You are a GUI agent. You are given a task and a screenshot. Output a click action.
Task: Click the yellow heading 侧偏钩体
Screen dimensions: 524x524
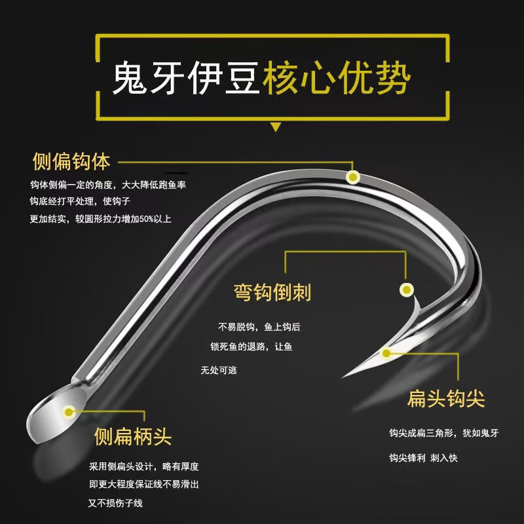pyautogui.click(x=71, y=161)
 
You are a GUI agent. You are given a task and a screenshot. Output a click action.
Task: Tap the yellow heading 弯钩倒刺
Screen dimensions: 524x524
pyautogui.click(x=272, y=292)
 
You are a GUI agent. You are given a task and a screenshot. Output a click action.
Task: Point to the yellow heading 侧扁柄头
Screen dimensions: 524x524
pyautogui.click(x=133, y=436)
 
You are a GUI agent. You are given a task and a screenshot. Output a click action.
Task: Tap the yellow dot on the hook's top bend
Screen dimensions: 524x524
pyautogui.click(x=352, y=177)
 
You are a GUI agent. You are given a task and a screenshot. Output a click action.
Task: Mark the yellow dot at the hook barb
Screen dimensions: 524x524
pyautogui.click(x=406, y=289)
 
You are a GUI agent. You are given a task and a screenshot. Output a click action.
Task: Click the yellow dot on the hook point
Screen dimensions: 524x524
pyautogui.click(x=386, y=354)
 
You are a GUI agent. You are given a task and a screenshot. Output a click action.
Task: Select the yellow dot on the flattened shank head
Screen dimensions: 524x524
pyautogui.click(x=68, y=412)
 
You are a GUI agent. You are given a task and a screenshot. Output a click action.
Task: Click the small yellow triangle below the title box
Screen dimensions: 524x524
pyautogui.click(x=276, y=126)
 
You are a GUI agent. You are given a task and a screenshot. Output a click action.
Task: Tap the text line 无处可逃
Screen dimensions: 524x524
pyautogui.click(x=218, y=371)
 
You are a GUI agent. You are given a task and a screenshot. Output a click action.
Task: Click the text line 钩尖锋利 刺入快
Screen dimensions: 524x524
pyautogui.click(x=423, y=458)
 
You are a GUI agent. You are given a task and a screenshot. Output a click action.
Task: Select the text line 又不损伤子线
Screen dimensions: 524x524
pyautogui.click(x=115, y=503)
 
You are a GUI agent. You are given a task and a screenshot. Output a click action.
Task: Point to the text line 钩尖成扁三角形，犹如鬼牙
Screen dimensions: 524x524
pyautogui.click(x=443, y=433)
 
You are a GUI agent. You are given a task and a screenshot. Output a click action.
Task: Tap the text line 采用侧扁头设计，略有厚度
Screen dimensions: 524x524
pyautogui.click(x=143, y=467)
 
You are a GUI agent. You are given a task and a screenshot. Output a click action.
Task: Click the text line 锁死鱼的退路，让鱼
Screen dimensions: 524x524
pyautogui.click(x=252, y=346)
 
